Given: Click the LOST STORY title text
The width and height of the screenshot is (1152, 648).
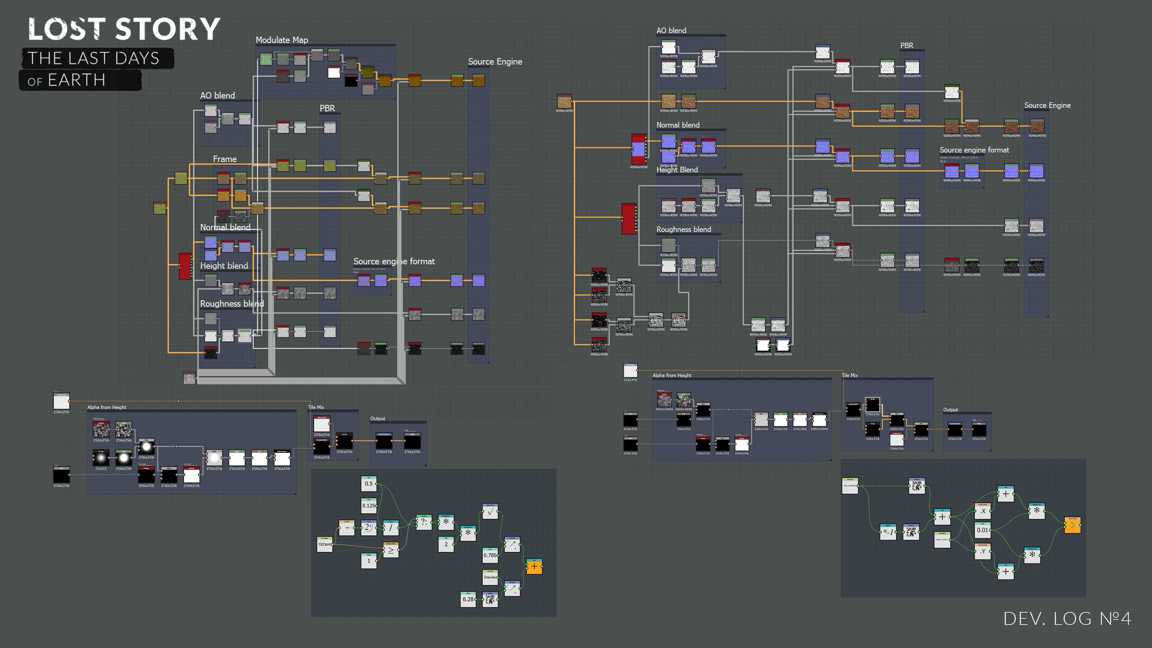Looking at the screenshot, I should point(124,29).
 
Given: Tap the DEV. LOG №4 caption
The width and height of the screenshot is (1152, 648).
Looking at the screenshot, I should point(1067,619).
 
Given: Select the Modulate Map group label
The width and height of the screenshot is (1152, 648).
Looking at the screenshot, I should point(282,40).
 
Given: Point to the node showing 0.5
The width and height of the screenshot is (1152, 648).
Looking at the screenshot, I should point(369,483).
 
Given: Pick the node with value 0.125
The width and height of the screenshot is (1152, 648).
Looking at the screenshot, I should point(369,506).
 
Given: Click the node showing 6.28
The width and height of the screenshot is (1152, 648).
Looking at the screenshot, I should point(468,599).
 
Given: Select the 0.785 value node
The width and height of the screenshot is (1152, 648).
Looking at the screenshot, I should point(490,555).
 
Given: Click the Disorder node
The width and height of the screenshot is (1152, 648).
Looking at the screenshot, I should point(490,577).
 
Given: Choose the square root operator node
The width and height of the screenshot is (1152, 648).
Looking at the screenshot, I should point(490,512).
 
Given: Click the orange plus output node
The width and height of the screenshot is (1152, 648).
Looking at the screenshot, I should point(534,567).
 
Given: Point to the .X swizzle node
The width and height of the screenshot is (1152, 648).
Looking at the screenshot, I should point(982,511).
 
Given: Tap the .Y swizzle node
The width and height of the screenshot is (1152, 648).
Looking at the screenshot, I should point(982,551).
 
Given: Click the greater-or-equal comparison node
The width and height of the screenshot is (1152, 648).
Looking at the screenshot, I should point(391,550).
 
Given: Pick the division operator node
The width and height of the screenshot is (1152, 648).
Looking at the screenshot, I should point(391,528).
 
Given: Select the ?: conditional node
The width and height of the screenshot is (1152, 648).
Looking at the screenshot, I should point(424,522).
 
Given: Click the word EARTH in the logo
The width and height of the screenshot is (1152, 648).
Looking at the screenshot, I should point(76,80).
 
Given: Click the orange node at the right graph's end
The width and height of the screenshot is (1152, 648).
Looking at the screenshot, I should point(1072,526).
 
